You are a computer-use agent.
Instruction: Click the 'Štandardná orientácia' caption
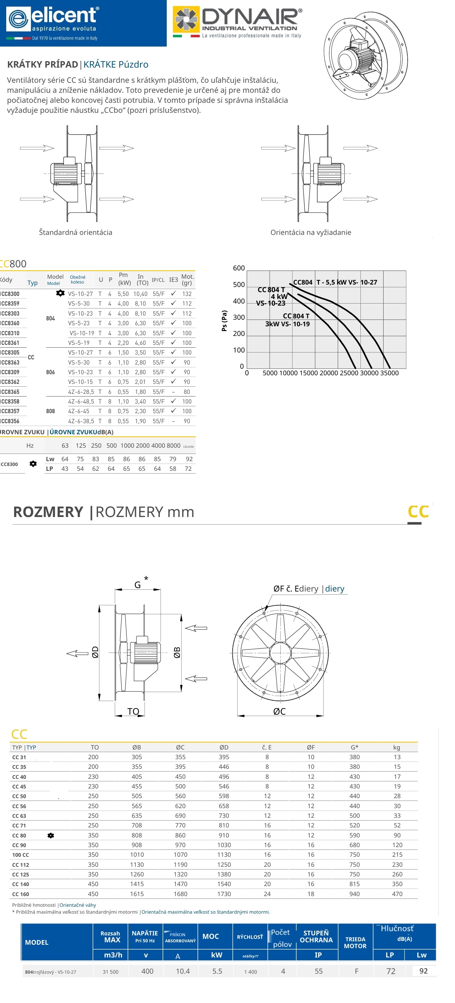click(x=76, y=232)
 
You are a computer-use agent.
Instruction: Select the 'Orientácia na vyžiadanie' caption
click(x=310, y=232)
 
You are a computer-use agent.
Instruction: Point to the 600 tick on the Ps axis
click(x=239, y=268)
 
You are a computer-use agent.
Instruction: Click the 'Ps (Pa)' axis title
click(x=224, y=321)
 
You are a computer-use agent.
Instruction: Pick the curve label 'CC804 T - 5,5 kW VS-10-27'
click(x=335, y=282)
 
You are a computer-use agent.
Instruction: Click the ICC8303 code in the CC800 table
click(x=10, y=314)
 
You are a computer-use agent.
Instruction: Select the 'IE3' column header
click(x=173, y=280)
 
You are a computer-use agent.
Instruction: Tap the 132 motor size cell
click(x=187, y=294)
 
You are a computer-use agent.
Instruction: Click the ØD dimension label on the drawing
click(x=95, y=652)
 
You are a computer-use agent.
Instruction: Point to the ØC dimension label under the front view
click(x=279, y=711)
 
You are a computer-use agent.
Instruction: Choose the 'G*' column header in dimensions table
click(x=354, y=747)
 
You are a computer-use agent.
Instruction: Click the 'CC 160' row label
click(x=21, y=894)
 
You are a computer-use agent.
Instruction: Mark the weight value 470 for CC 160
click(x=397, y=894)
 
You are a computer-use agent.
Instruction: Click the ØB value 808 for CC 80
click(x=137, y=835)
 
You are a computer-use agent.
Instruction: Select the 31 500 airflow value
click(x=110, y=972)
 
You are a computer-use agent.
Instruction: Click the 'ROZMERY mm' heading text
click(x=145, y=512)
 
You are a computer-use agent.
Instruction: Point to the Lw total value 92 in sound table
click(x=189, y=459)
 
